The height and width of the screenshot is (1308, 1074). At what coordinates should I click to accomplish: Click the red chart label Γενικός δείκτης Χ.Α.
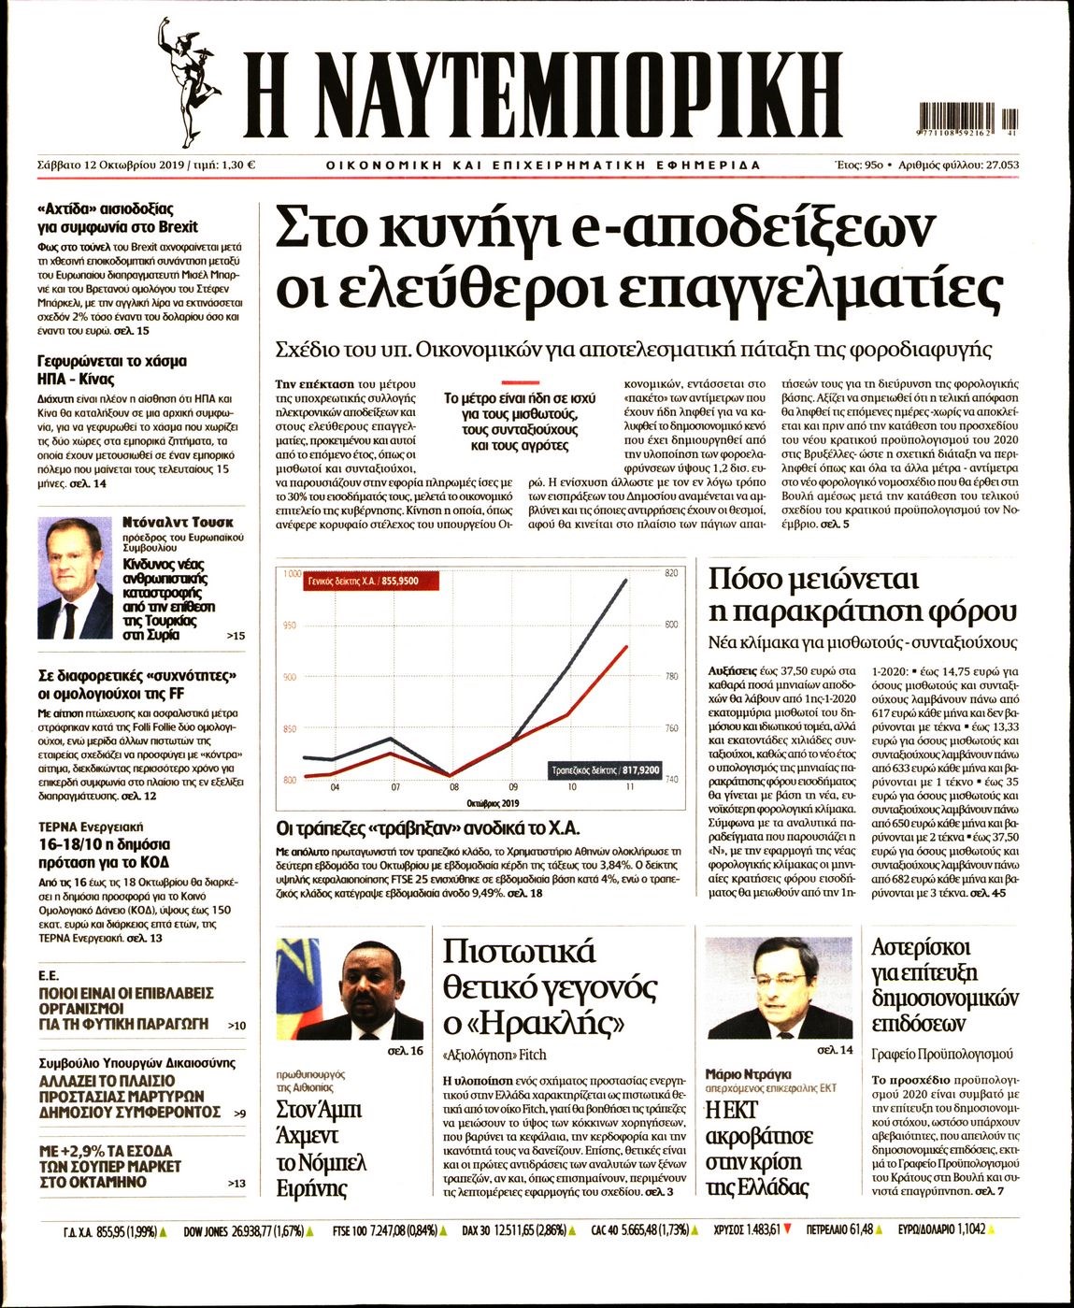tap(370, 581)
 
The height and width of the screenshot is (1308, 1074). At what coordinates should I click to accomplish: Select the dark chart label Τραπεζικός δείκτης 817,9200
tap(605, 770)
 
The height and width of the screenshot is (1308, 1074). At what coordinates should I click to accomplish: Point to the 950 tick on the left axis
tap(289, 625)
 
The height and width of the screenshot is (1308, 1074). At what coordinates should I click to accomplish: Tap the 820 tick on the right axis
tap(669, 573)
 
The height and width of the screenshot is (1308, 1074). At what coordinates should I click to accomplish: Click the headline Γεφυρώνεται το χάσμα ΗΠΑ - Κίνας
tap(112, 370)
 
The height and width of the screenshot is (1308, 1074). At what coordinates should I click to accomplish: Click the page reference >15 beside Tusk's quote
tap(236, 637)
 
